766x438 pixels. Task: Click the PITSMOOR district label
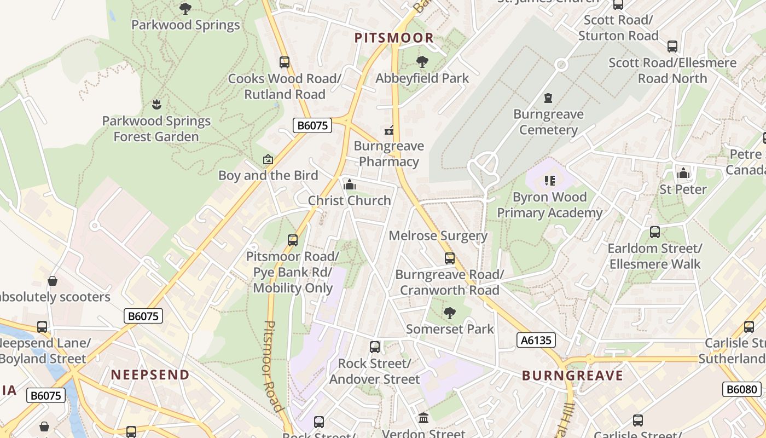pyautogui.click(x=394, y=38)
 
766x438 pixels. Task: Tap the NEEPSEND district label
pyautogui.click(x=150, y=375)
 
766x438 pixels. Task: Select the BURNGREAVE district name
pyautogui.click(x=572, y=376)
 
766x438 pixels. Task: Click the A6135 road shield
pyautogui.click(x=536, y=341)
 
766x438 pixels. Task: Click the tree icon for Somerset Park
pyautogui.click(x=450, y=313)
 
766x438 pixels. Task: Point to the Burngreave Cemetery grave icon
pyautogui.click(x=548, y=99)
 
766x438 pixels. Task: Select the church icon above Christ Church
pyautogui.click(x=349, y=185)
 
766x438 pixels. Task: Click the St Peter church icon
pyautogui.click(x=683, y=174)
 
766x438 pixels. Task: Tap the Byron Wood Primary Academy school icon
pyautogui.click(x=550, y=181)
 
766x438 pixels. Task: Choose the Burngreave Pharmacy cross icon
pyautogui.click(x=389, y=130)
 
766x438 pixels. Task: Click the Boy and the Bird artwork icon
pyautogui.click(x=268, y=159)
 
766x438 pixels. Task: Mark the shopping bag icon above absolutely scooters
pyautogui.click(x=53, y=281)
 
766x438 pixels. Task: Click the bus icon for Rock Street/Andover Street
pyautogui.click(x=375, y=347)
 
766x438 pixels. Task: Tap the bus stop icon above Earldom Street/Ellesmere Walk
pyautogui.click(x=654, y=232)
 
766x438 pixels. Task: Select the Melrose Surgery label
pyautogui.click(x=438, y=236)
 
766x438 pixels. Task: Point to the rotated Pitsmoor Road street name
pyautogui.click(x=273, y=366)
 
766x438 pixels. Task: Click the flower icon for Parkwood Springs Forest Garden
pyautogui.click(x=156, y=104)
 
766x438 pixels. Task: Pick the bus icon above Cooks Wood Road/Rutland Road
pyautogui.click(x=285, y=62)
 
